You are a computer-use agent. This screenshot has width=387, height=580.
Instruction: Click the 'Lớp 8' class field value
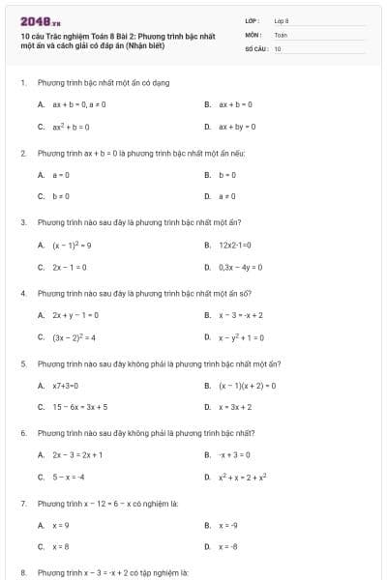click(282, 19)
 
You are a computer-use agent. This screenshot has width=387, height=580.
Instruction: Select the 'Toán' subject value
click(281, 34)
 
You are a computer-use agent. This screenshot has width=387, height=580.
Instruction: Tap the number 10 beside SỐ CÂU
click(278, 47)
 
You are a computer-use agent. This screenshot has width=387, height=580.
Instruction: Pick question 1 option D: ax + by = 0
click(237, 127)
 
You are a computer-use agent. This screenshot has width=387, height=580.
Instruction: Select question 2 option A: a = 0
click(61, 175)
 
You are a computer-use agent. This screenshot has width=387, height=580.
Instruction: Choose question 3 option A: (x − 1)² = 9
click(72, 245)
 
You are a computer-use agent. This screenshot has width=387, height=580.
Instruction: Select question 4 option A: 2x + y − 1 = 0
click(74, 315)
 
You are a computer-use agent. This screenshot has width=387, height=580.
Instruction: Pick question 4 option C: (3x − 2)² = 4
click(74, 337)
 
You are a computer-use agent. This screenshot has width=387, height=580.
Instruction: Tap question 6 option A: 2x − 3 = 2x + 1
click(77, 454)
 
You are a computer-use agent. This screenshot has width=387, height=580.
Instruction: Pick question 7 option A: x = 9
click(61, 525)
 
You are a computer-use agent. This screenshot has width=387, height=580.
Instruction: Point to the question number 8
click(22, 573)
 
